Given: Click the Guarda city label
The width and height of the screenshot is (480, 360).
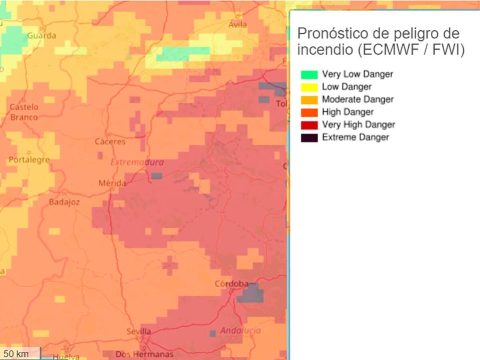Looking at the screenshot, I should pos(42,36).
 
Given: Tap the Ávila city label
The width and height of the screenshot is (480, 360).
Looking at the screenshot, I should pos(238,24).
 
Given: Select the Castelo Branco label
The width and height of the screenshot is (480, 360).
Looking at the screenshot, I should pos(24,112).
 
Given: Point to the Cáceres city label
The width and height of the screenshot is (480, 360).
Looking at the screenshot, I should pos(110,142).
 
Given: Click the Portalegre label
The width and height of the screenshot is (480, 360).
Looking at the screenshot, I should pos(29,160).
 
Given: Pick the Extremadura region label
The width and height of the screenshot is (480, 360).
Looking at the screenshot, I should pos(137,163).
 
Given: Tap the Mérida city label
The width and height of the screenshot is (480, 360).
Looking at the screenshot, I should pos(112,184).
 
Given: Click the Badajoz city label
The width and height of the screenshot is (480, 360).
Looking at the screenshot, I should pos(64,202).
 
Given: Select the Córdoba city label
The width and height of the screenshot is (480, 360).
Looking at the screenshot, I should pos(232,284).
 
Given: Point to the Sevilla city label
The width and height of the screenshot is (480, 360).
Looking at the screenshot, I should pos(139,332).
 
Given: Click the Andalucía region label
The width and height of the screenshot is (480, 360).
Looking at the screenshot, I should pos(240,331).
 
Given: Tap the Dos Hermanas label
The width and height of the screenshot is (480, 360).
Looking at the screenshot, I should pos(144,354).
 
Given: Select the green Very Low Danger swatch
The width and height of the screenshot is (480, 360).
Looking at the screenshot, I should pos(309,74).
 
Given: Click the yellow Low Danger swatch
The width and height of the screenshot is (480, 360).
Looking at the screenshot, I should pos(309,87).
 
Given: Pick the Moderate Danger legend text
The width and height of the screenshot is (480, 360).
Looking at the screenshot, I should pos(358,99).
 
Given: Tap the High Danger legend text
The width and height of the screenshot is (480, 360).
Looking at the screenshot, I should pos(348,112).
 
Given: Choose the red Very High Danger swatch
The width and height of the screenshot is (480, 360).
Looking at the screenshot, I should pos(309,125).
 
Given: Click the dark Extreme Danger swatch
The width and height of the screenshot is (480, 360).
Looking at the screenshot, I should pos(309,138).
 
